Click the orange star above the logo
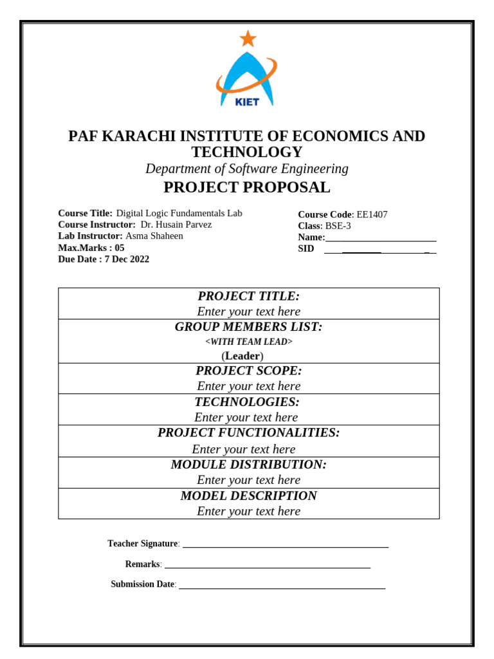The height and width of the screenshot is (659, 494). tap(248, 39)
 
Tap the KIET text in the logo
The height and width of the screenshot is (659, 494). tap(248, 102)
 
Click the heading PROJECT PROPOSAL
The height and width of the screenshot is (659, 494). tap(247, 187)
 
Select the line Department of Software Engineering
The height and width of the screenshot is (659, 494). tap(247, 169)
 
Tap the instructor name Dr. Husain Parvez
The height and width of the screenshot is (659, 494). tap(176, 225)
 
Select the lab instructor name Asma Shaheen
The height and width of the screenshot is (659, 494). tap(154, 236)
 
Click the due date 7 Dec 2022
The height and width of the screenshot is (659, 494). tap(127, 259)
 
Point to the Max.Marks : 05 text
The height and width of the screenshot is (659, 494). tap(91, 248)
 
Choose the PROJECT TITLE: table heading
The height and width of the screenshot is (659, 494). tap(249, 296)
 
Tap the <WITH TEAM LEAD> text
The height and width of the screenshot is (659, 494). tap(249, 342)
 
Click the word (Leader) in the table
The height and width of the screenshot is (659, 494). tap(242, 356)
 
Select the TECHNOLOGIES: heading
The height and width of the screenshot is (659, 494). tap(248, 402)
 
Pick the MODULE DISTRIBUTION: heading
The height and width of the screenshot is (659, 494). tap(249, 465)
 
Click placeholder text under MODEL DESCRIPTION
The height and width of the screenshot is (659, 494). tap(249, 511)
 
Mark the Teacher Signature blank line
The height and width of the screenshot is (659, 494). tap(286, 546)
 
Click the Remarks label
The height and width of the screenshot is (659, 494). tap(143, 564)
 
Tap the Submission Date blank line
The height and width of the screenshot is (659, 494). tap(282, 588)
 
